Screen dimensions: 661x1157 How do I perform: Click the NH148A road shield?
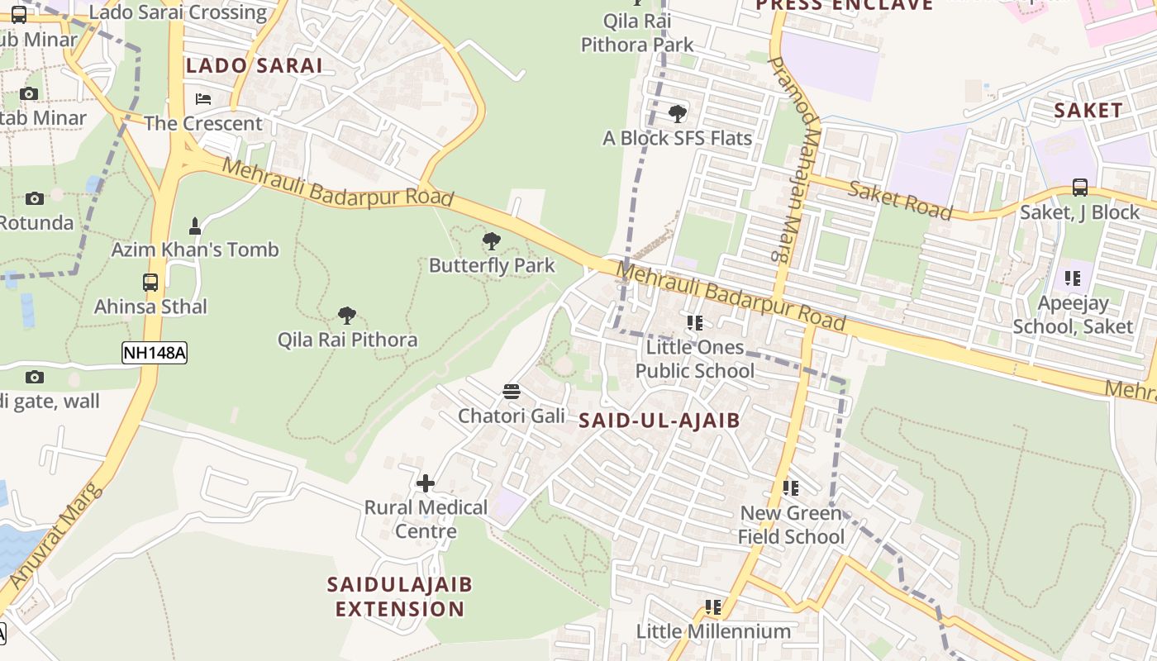coord(155,354)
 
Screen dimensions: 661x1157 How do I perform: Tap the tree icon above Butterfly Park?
coord(492,241)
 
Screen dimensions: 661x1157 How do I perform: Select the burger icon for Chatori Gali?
coord(512,391)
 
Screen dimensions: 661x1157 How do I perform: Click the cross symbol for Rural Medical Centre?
coord(426,483)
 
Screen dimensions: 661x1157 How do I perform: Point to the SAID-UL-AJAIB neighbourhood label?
coord(659,421)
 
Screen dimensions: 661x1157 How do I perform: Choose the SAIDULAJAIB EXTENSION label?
coord(400,597)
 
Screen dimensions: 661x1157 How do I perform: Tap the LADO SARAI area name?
coord(254,66)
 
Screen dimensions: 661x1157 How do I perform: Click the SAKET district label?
coord(1088,110)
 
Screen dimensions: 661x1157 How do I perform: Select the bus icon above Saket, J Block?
coord(1079,188)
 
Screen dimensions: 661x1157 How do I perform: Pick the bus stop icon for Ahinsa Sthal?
coord(150,283)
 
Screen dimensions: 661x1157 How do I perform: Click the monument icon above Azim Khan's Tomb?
coord(195,226)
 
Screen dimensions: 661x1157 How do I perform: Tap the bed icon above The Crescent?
coord(203,99)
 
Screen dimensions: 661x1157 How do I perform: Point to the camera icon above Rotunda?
coord(34,198)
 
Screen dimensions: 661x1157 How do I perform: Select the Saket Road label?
coord(900,199)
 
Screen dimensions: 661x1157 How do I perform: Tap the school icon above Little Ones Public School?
coord(694,322)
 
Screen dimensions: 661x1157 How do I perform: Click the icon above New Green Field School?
coord(791,488)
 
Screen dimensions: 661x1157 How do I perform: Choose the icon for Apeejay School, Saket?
coord(1073,278)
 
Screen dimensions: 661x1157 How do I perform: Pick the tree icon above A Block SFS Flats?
coord(678,113)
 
